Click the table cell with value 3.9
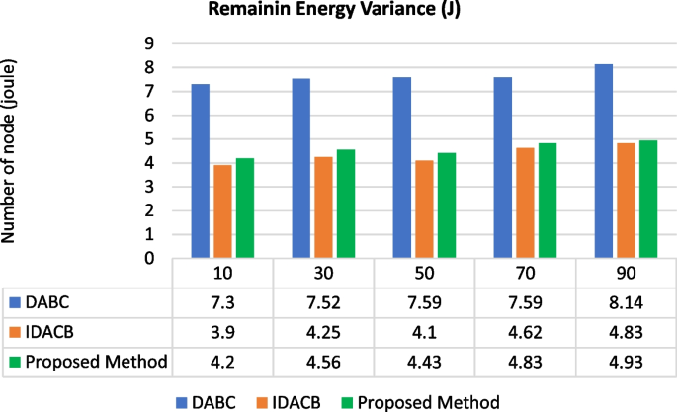pyautogui.click(x=223, y=332)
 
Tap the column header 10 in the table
pyautogui.click(x=223, y=270)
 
